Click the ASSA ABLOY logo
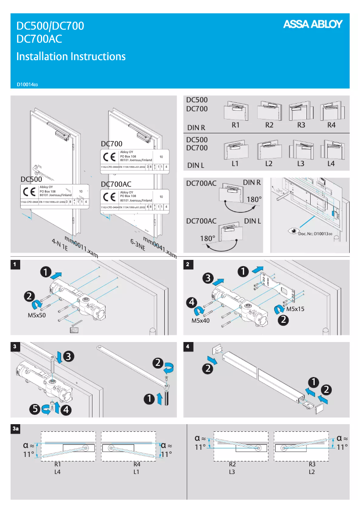[312, 24]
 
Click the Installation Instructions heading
[70, 57]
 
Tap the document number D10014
[27, 84]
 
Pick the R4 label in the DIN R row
[331, 125]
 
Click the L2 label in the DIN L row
[268, 164]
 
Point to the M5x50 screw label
[38, 316]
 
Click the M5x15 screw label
[295, 309]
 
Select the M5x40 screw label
[201, 320]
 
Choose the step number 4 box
[188, 347]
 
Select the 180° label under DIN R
[254, 199]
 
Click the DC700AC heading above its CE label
[116, 184]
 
